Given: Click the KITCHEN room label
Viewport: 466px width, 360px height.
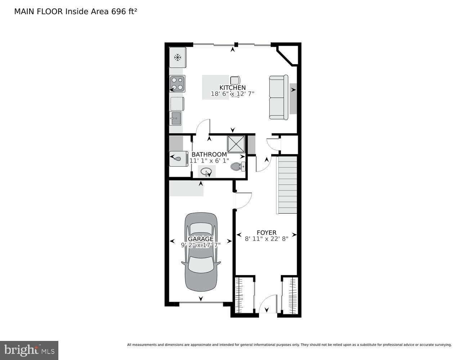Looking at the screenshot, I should point(233,87).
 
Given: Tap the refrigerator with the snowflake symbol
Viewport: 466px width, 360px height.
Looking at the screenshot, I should point(178,57).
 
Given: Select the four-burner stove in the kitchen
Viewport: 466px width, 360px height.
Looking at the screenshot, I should point(177,84).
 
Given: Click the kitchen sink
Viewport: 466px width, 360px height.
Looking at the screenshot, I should point(175,118).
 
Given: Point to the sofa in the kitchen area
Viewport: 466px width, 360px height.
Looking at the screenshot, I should point(278,97).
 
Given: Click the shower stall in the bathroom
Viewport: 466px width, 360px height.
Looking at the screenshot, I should point(236,144).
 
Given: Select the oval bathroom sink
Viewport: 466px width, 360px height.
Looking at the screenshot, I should point(206,171).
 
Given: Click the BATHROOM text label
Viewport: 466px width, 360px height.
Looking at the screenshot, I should point(209,154).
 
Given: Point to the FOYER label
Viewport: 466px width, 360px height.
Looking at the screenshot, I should point(266,233).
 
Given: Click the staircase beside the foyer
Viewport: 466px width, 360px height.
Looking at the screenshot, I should point(287,185).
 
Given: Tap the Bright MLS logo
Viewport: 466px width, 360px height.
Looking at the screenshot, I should point(29,350).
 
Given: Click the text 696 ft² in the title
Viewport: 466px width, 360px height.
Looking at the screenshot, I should point(124,12).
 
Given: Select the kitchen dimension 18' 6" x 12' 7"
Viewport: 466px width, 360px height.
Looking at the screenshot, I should point(233,94).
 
